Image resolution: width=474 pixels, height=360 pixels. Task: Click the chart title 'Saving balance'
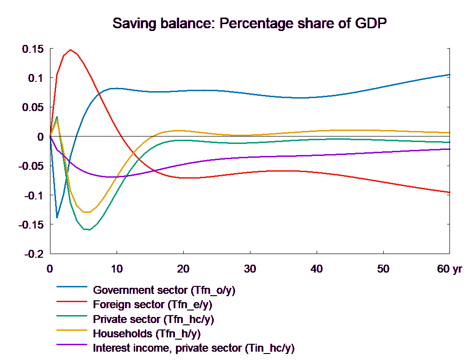click(x=250, y=23)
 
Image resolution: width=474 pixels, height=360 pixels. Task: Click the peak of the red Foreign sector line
click(x=70, y=50)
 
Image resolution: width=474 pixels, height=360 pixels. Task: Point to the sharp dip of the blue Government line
click(x=57, y=217)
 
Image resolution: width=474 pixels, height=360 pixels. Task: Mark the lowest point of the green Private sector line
click(x=87, y=230)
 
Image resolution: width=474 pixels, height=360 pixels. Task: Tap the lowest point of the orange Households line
click(x=87, y=212)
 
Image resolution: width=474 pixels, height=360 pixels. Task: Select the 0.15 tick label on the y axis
click(x=33, y=49)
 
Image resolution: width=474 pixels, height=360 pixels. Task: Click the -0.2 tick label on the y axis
click(x=33, y=254)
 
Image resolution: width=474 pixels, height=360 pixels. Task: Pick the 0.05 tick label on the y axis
click(x=33, y=107)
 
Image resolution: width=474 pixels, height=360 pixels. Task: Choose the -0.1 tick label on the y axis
click(x=33, y=195)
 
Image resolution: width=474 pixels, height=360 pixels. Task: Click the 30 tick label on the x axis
click(x=250, y=269)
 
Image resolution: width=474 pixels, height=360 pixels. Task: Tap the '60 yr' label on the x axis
click(x=449, y=269)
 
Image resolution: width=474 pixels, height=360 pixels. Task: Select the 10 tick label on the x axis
click(x=117, y=269)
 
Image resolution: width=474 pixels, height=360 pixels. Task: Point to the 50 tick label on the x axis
click(x=384, y=269)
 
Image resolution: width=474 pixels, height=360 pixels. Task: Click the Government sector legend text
click(x=164, y=291)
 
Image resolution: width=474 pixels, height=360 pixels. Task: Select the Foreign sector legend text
click(x=153, y=305)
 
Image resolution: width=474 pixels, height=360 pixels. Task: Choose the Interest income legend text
click(x=193, y=348)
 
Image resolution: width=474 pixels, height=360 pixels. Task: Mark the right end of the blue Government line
click(x=450, y=74)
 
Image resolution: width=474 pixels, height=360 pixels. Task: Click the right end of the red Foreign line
click(x=450, y=192)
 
